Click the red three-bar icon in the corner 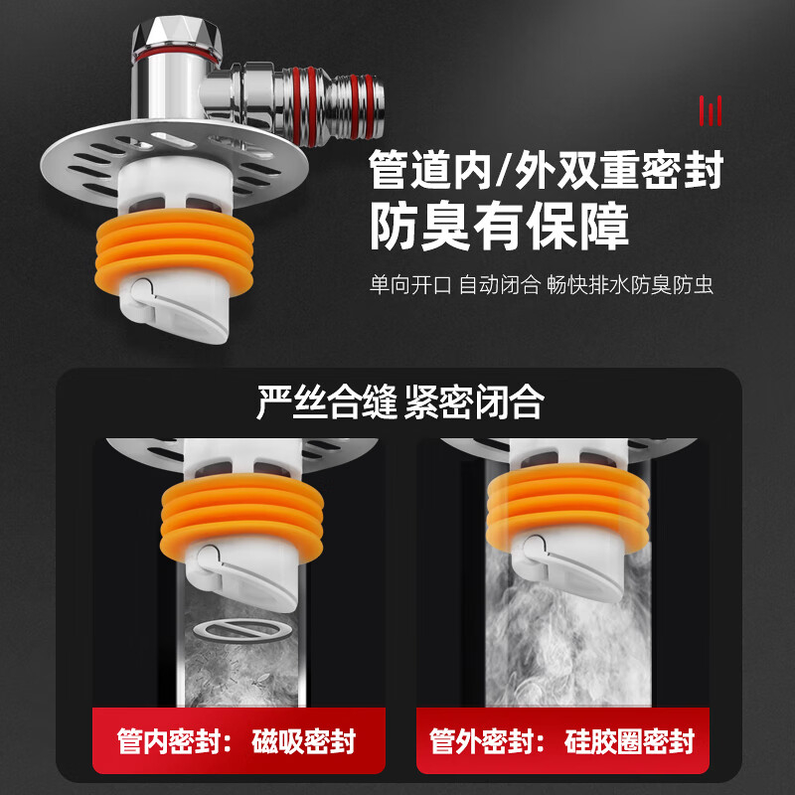710,109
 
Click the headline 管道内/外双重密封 546,170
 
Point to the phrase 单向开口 409,284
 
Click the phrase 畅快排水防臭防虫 630,284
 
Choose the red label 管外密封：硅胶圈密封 561,741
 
